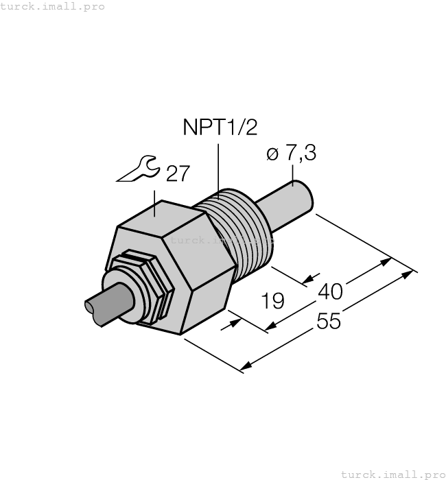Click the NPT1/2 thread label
click(213, 128)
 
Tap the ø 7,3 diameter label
click(290, 154)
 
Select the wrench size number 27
click(178, 173)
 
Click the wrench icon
click(139, 170)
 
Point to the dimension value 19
click(273, 301)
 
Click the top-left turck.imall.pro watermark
click(53, 6)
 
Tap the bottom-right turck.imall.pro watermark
click(393, 474)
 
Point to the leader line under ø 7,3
click(293, 175)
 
